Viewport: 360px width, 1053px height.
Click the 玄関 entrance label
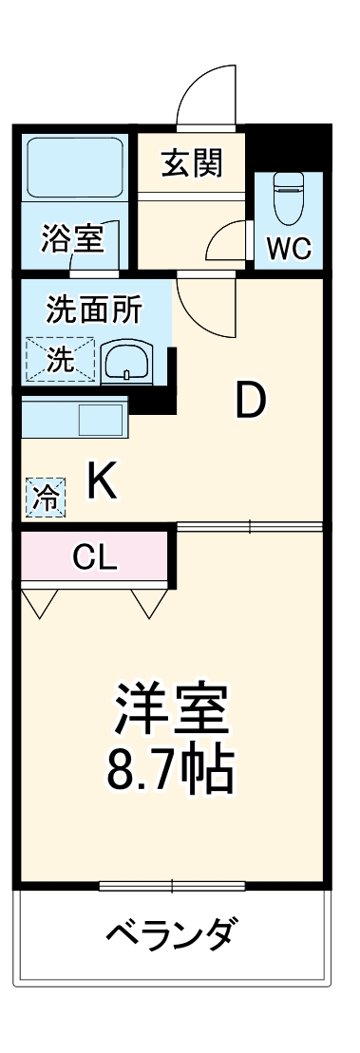[192, 163]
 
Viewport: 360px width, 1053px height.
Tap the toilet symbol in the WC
[287, 197]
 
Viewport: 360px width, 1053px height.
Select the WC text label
[288, 249]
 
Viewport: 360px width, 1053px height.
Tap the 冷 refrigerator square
[45, 496]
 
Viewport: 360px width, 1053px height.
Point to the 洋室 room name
[171, 708]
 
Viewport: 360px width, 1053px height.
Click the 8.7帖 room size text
[171, 772]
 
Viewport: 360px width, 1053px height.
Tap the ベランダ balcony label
[170, 935]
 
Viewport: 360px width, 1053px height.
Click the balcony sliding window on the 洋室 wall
[172, 887]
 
